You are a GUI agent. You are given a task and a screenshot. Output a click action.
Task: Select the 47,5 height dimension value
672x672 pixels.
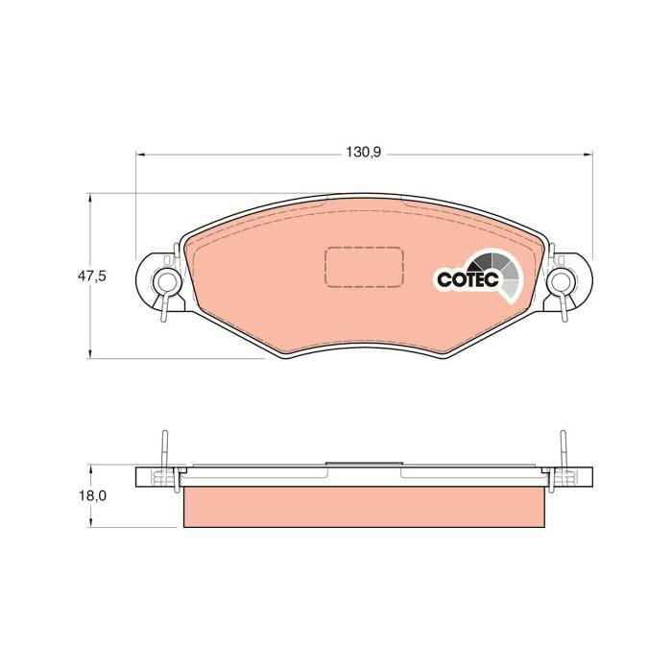91,276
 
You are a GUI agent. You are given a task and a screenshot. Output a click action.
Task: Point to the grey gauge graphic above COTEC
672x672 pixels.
498,267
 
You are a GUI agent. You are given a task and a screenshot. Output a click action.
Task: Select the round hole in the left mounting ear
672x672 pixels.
165,281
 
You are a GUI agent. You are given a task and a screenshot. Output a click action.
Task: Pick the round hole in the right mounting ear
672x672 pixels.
561,281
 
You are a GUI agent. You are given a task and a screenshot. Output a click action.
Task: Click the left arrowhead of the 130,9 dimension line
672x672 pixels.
140,153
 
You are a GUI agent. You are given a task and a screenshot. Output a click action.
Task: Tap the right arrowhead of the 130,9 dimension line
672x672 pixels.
588,153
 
